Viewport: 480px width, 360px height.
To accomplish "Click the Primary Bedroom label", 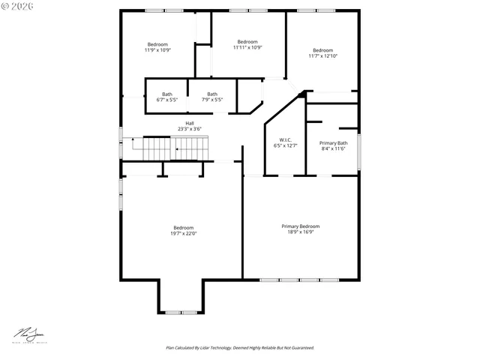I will [300, 226].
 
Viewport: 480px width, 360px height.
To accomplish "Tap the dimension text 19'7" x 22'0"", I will [183, 234].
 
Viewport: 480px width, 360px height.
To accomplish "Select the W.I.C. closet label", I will [285, 139].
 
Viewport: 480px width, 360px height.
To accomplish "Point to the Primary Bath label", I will [333, 142].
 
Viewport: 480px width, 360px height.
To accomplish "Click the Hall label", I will [190, 123].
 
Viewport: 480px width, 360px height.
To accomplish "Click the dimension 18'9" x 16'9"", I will [300, 232].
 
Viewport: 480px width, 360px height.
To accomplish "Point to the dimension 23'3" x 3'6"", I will [190, 129].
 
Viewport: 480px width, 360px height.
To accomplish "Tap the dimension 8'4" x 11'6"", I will [333, 148].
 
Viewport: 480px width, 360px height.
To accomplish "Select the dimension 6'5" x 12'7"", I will [285, 145].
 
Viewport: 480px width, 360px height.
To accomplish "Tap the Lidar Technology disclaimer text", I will [240, 348].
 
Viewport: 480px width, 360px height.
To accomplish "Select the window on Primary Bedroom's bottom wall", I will [299, 280].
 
